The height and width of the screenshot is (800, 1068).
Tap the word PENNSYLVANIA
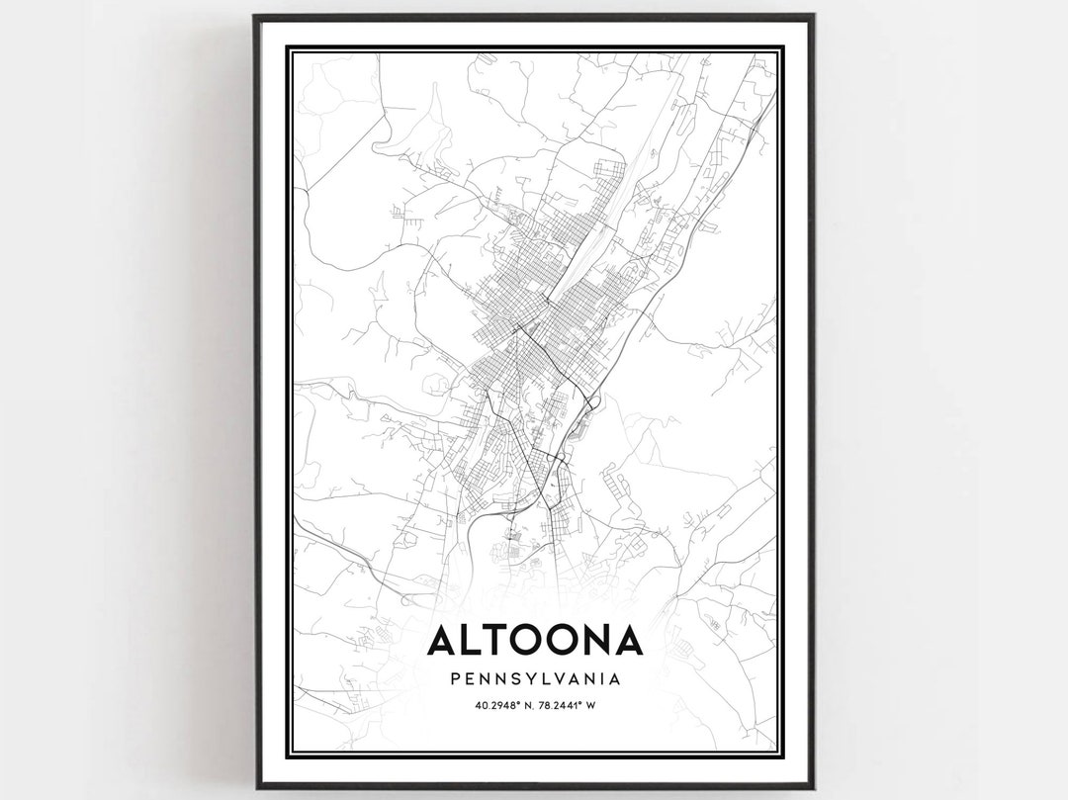coord(535,679)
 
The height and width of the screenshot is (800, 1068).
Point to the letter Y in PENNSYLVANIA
coord(535,679)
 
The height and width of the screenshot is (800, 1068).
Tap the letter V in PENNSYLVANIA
coord(572,679)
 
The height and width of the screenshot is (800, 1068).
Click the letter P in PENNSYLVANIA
coord(454,679)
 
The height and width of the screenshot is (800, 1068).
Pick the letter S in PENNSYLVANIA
coord(520,679)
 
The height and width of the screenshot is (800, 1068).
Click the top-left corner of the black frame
coord(255,16)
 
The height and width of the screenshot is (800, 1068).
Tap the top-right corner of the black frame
coord(813,16)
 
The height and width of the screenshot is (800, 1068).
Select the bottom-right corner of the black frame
coord(813,787)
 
